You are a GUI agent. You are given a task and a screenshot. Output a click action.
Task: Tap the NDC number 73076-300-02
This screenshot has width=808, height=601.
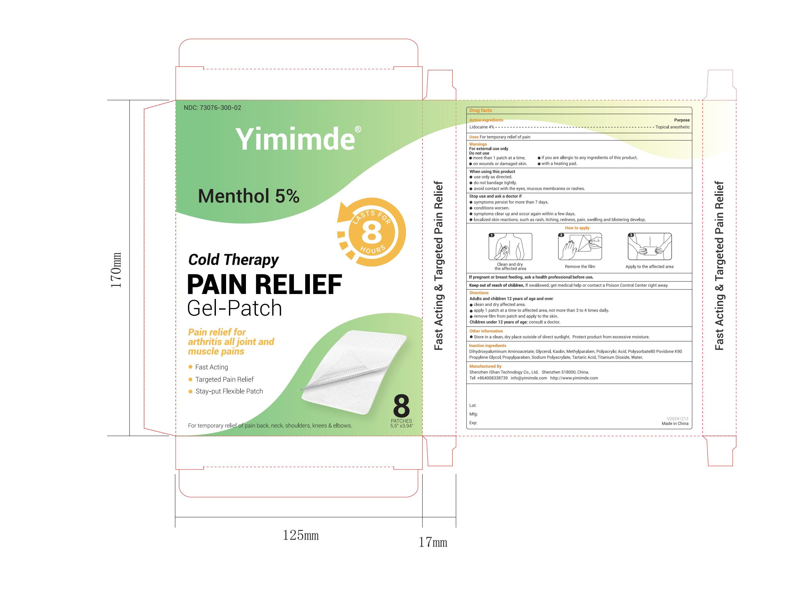coord(212,108)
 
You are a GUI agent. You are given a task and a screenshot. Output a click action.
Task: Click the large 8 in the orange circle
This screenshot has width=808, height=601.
coord(371,233)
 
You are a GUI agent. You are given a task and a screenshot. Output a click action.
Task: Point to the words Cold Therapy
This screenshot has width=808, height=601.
coord(233,260)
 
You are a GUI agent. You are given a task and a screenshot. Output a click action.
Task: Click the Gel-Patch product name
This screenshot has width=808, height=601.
coord(234,308)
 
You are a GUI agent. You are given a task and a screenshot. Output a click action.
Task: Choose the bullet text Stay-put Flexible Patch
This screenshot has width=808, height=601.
coord(229,391)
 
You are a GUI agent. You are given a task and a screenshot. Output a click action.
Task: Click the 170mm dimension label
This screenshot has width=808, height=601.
coord(116,270)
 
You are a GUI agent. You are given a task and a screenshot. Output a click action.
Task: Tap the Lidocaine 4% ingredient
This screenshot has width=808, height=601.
coord(482,127)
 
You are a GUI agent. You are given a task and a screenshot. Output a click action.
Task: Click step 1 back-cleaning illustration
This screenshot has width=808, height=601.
coord(510,247)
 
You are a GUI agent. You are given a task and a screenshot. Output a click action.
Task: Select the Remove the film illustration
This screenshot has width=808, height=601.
coord(580,247)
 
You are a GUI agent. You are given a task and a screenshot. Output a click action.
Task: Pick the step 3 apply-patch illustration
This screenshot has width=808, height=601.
coord(650,247)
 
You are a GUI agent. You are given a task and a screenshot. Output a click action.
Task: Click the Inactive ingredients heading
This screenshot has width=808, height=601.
coord(487,346)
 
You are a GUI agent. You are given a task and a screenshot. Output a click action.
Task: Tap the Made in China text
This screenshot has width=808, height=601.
coord(675,424)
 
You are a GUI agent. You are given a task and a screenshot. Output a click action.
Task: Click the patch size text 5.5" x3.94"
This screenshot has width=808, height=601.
coord(402,426)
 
